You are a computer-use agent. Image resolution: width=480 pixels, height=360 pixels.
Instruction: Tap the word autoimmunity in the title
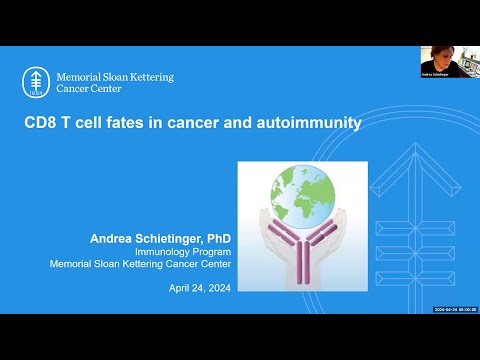[311, 125]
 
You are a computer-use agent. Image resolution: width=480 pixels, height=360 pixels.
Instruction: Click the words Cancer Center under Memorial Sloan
[89, 88]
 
